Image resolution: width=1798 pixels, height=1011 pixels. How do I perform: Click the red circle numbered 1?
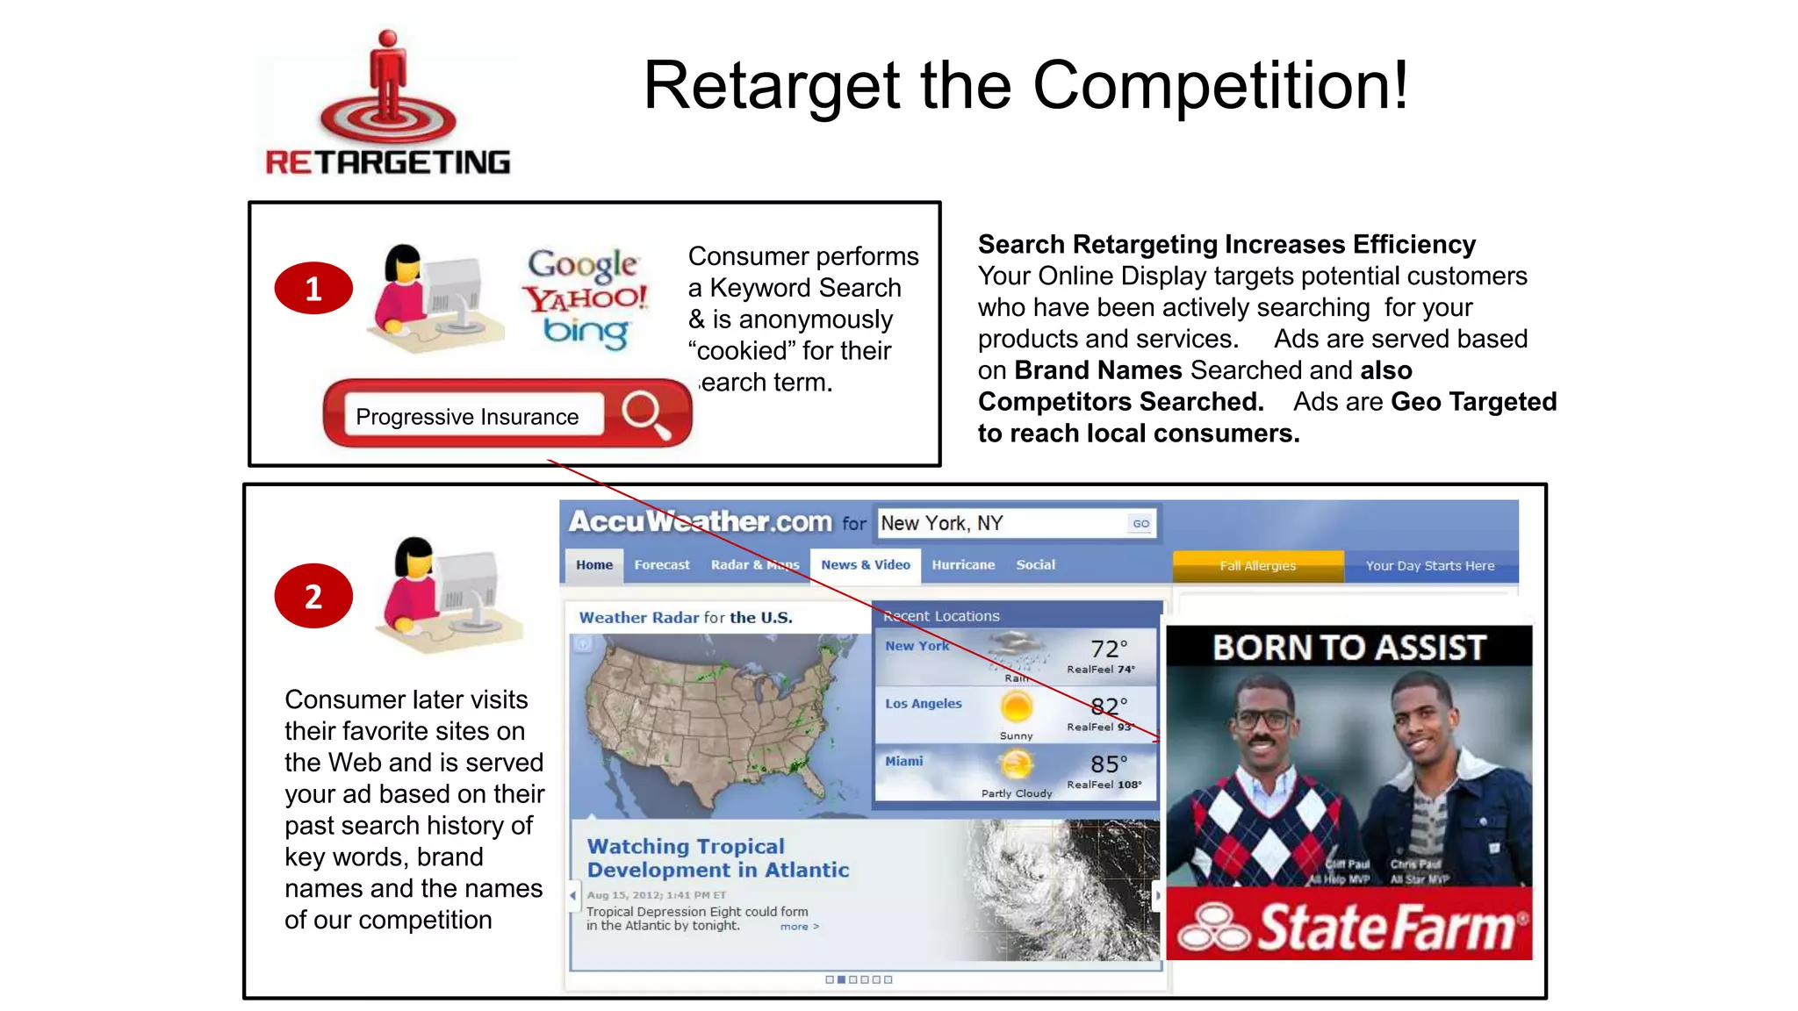[313, 288]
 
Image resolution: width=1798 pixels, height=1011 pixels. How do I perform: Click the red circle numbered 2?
[313, 596]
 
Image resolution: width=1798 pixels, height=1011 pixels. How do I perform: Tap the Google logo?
[583, 263]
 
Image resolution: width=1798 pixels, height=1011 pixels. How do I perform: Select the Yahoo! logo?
[586, 298]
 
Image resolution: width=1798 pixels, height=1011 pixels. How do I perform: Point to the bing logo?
[586, 332]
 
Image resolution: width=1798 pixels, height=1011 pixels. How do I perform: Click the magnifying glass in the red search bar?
[645, 413]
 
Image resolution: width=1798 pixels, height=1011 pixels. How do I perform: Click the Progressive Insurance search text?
[467, 417]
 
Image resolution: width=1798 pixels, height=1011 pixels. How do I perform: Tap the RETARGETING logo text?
[387, 162]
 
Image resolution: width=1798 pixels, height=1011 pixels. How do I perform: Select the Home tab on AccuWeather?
[594, 565]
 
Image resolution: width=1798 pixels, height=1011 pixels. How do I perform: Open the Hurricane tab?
[963, 565]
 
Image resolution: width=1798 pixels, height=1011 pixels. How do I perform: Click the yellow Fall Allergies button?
[1257, 566]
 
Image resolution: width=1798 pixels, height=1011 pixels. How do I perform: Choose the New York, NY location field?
[1001, 523]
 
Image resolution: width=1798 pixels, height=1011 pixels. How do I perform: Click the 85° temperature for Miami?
[1108, 764]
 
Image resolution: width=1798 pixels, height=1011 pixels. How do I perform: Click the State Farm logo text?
[1385, 927]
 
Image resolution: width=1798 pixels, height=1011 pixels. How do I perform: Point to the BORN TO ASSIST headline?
[1348, 648]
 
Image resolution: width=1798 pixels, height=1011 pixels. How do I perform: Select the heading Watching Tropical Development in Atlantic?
[717, 857]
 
